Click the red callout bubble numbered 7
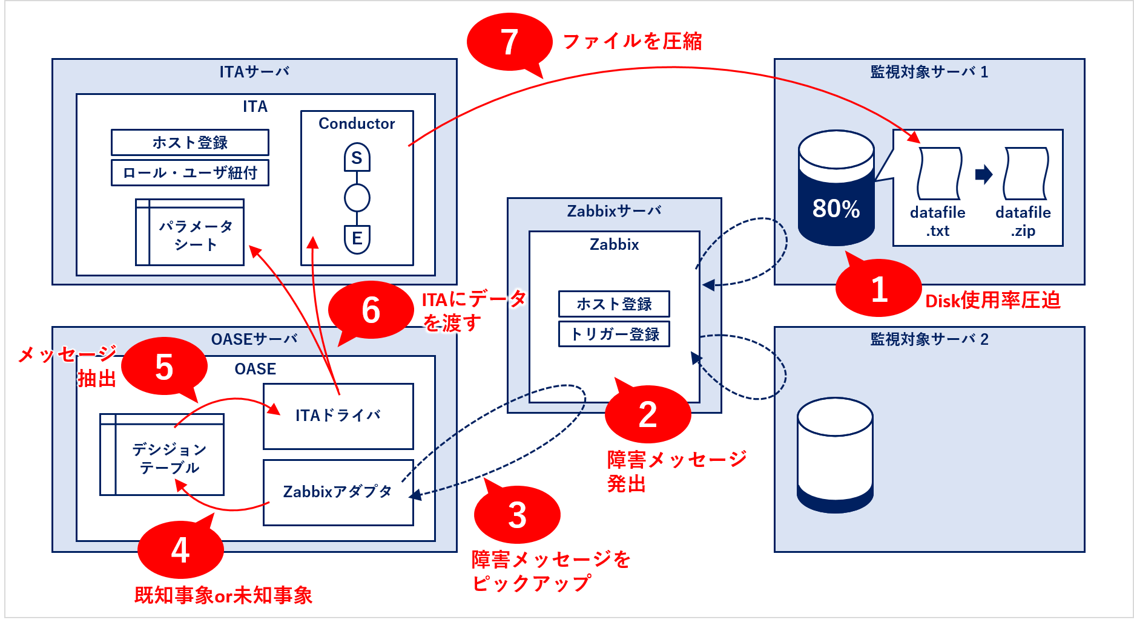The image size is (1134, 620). [x=509, y=42]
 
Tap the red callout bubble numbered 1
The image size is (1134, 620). [x=879, y=289]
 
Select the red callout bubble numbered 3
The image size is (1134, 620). [x=516, y=515]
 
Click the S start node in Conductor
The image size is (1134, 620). [x=357, y=158]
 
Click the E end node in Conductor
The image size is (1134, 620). [x=357, y=238]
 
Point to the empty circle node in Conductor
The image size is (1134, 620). [x=357, y=198]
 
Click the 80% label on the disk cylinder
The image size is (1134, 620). [x=836, y=209]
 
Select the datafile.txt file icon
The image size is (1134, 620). [x=938, y=174]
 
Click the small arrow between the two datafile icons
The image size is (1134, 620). [x=984, y=175]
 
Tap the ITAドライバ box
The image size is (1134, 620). [x=338, y=416]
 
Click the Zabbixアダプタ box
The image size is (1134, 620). [x=338, y=492]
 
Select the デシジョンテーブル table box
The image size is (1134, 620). [x=162, y=455]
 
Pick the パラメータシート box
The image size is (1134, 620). [x=190, y=233]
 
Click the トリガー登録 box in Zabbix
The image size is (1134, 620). [x=614, y=334]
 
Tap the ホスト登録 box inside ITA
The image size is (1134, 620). [x=190, y=142]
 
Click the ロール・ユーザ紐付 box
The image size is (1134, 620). [x=190, y=172]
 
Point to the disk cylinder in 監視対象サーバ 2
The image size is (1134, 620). [x=835, y=454]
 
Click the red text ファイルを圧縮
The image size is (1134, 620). [x=632, y=41]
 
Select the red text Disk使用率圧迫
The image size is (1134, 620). [x=992, y=301]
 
